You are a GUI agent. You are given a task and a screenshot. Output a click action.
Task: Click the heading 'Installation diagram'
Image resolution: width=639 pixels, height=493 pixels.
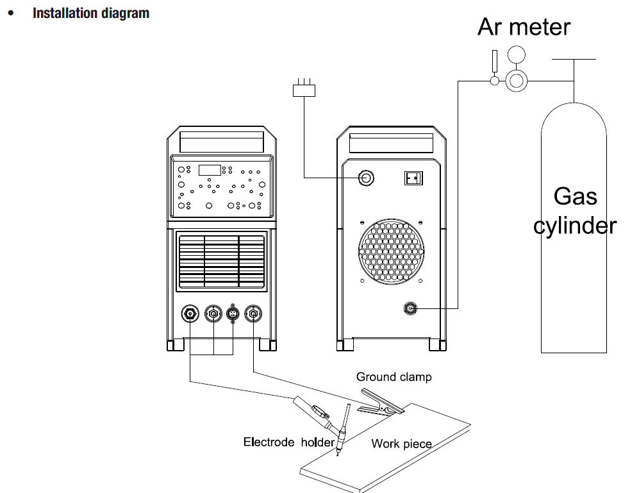91,13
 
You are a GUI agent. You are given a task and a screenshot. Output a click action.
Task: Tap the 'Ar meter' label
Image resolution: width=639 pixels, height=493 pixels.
524,27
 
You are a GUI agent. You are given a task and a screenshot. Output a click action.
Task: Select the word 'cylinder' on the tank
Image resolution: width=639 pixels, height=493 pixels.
575,226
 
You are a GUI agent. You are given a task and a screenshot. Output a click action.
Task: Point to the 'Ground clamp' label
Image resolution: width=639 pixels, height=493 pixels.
394,377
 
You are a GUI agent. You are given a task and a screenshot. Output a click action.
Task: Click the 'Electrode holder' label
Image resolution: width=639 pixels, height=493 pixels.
288,442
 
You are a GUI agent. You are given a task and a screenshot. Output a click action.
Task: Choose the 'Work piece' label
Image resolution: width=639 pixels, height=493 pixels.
401,444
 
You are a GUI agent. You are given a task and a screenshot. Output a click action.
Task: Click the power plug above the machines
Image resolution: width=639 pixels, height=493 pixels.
304,90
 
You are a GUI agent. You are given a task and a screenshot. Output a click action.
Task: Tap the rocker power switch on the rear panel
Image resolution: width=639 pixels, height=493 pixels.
413,178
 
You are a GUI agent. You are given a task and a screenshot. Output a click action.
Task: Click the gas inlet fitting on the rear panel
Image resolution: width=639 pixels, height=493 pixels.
410,309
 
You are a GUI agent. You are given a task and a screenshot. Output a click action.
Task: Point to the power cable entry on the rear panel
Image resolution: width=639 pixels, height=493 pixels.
366,178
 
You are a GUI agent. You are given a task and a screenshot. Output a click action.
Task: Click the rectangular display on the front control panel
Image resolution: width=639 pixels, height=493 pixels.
209,170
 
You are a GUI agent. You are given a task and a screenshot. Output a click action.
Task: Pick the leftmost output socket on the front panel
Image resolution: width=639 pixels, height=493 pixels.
190,313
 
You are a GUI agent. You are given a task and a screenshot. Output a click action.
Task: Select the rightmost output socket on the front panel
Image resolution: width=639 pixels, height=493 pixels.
254,313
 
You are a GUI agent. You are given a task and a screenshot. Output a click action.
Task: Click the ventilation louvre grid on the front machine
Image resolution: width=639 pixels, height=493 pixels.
221,260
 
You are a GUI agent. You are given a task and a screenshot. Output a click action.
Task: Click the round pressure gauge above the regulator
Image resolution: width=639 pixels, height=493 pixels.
515,53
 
